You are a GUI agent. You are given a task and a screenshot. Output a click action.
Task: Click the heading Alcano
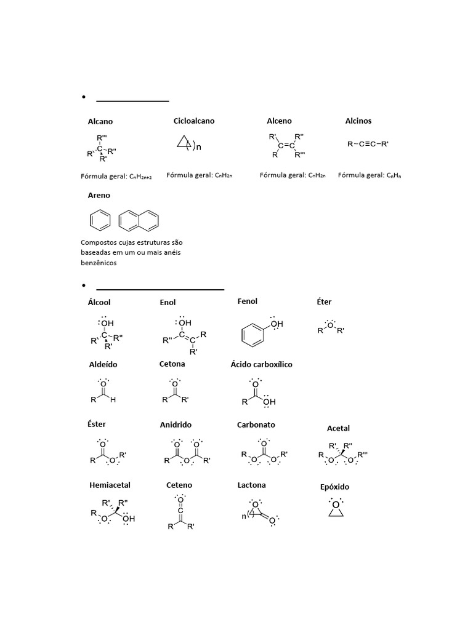100,122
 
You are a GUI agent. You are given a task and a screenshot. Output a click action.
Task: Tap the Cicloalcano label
194,121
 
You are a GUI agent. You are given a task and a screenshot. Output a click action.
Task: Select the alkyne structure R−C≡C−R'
368,144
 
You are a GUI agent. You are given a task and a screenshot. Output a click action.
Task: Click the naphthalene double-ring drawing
139,219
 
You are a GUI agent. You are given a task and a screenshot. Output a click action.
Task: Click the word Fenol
247,301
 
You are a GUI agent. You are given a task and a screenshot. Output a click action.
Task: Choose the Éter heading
324,302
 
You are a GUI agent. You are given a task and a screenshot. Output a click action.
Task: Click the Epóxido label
334,487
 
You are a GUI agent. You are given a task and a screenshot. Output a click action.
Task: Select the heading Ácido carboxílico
261,364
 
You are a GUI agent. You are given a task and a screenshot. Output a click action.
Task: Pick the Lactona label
251,485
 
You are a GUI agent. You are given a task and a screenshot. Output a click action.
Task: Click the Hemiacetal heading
110,485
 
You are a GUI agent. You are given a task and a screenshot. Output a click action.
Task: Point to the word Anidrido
176,425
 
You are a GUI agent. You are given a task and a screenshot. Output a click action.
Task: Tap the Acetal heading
338,428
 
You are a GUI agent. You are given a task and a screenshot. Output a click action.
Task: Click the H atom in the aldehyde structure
113,400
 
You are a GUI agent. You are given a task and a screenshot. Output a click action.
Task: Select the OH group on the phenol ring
277,324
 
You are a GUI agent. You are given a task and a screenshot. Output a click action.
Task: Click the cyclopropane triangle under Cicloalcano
183,143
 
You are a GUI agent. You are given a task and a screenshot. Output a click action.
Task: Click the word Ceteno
179,485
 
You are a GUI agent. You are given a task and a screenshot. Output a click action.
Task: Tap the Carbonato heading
256,425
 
